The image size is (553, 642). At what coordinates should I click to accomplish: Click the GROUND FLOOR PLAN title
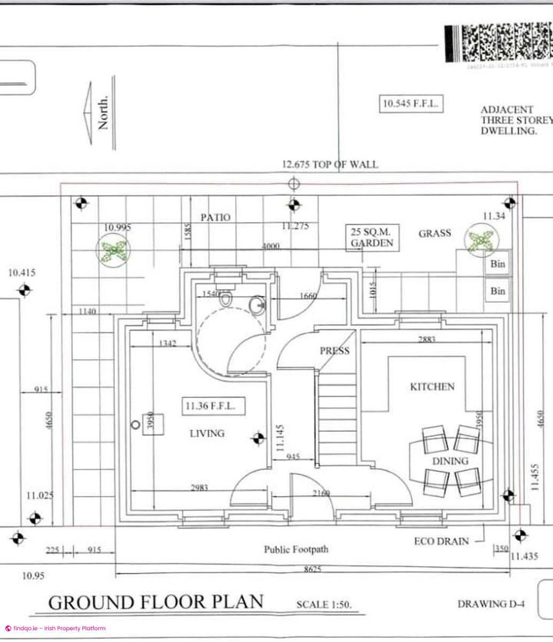click(156, 602)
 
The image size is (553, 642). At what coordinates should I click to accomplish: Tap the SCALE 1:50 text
click(324, 605)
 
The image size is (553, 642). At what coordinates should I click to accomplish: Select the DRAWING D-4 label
click(491, 604)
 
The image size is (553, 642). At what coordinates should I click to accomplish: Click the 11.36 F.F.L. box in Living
click(214, 406)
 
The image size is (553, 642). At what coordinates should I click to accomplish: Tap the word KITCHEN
click(432, 387)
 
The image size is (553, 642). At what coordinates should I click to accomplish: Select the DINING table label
click(450, 461)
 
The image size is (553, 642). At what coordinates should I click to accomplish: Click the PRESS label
click(334, 351)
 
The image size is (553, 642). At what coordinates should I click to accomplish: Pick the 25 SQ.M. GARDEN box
click(372, 238)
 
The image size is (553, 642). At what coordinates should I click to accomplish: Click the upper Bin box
click(497, 264)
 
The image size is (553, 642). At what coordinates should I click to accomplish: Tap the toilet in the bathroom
click(226, 299)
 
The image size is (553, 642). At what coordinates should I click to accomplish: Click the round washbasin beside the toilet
click(257, 305)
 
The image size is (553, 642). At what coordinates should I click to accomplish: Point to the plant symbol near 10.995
click(113, 250)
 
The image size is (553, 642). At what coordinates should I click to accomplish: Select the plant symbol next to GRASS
click(481, 240)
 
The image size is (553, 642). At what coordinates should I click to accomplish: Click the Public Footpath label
click(296, 549)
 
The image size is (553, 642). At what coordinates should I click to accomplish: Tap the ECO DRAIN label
click(441, 541)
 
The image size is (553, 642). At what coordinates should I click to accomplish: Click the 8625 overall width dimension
click(313, 569)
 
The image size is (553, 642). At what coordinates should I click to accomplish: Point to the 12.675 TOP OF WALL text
click(330, 164)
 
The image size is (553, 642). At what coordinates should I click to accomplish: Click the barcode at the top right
click(498, 44)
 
